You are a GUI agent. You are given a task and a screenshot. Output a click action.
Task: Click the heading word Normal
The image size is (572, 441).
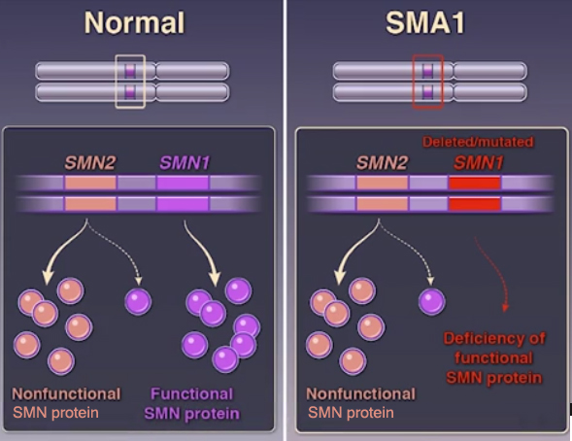click(x=135, y=22)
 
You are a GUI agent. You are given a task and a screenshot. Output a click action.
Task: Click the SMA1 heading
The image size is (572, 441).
click(x=425, y=22)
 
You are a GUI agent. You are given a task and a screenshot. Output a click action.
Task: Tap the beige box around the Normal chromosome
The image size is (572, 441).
click(x=116, y=82)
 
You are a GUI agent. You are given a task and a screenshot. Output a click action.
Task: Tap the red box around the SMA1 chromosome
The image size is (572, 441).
click(x=414, y=82)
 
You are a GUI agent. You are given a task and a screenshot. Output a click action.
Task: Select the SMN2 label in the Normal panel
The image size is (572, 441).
click(x=89, y=162)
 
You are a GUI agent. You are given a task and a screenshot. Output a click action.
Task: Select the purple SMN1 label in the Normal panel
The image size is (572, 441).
click(x=185, y=162)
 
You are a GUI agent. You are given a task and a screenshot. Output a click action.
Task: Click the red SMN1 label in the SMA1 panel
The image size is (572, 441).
click(x=478, y=162)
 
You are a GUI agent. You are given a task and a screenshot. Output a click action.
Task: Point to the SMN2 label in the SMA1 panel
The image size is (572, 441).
click(x=382, y=162)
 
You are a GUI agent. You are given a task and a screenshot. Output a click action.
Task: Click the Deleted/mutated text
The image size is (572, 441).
click(x=478, y=142)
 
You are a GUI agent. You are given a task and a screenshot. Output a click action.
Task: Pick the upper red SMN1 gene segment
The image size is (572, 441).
click(x=474, y=183)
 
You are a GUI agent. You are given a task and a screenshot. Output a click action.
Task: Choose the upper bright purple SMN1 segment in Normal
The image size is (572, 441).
click(x=183, y=183)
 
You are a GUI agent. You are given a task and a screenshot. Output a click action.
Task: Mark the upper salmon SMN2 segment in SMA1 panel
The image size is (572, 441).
click(x=383, y=183)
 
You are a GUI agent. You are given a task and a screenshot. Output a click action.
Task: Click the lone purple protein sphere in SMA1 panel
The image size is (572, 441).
click(x=431, y=302)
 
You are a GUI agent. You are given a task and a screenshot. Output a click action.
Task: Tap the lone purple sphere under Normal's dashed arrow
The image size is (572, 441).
click(x=138, y=302)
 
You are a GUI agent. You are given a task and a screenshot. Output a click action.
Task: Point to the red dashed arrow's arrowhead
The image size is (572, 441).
click(x=505, y=308)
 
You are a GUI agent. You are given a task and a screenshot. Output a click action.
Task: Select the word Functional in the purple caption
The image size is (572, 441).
click(x=192, y=394)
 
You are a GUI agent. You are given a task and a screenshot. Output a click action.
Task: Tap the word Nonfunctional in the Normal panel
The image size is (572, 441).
click(x=66, y=394)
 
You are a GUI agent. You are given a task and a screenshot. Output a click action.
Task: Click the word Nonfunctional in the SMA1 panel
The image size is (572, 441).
click(x=360, y=394)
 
